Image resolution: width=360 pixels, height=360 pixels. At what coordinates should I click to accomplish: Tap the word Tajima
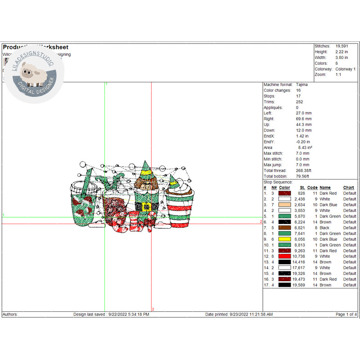(x=303, y=85)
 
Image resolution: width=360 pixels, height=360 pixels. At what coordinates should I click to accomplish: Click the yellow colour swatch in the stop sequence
(x=284, y=239)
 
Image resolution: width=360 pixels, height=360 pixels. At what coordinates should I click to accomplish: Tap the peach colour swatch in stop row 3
(x=284, y=205)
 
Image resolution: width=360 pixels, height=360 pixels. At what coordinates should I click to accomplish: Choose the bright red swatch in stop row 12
(x=284, y=256)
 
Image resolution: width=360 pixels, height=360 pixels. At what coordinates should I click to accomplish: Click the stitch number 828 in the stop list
(x=301, y=193)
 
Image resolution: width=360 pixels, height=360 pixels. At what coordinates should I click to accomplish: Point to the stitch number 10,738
(x=299, y=256)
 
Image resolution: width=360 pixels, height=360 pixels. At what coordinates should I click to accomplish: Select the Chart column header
(x=348, y=188)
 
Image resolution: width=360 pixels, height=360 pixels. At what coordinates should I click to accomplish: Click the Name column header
(x=325, y=188)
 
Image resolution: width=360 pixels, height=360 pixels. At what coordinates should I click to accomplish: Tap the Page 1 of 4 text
(x=346, y=315)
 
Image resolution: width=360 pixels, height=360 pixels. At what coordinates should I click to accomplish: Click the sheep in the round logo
(x=31, y=74)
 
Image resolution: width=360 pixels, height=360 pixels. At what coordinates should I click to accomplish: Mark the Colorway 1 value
(x=345, y=69)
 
